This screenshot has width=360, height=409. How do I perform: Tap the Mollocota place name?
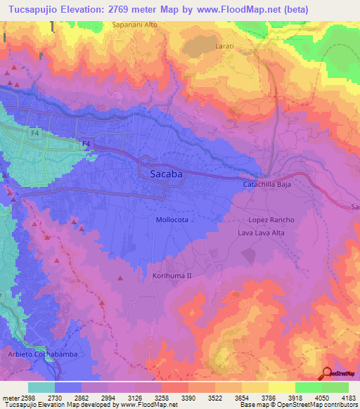click(x=171, y=220)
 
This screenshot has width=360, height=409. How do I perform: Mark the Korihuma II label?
click(x=172, y=276)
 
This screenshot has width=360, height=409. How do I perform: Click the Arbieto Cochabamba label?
click(x=42, y=353)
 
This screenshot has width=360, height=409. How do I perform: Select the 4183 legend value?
click(x=349, y=398)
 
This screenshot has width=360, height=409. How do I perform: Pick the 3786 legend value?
click(x=268, y=398)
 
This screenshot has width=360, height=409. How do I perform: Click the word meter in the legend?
click(x=8, y=398)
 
